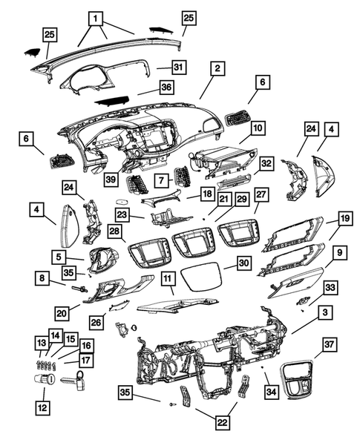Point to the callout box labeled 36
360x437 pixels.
tap(166, 87)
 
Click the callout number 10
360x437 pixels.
tap(257, 128)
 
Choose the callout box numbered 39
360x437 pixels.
tap(111, 180)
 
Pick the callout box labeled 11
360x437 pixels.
tap(168, 279)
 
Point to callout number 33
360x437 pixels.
tap(331, 287)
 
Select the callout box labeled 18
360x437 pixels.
tap(209, 194)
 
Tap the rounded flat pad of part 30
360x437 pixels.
tap(202, 278)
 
